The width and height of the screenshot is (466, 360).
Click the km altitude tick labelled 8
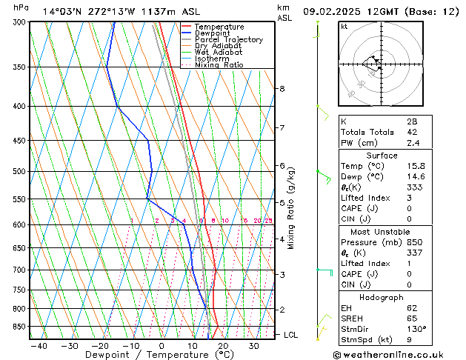tap(282, 89)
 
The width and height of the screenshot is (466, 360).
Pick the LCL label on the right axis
tap(292, 335)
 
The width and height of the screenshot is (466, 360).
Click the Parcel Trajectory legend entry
tap(228, 39)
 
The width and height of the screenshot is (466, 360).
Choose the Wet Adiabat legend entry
tap(219, 52)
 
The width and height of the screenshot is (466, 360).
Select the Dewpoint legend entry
tap(213, 33)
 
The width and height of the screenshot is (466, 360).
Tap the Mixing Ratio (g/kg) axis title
tap(291, 208)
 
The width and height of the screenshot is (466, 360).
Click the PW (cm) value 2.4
tap(411, 143)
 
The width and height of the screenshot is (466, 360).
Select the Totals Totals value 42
tap(411, 132)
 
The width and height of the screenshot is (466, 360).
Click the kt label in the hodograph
tap(344, 26)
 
